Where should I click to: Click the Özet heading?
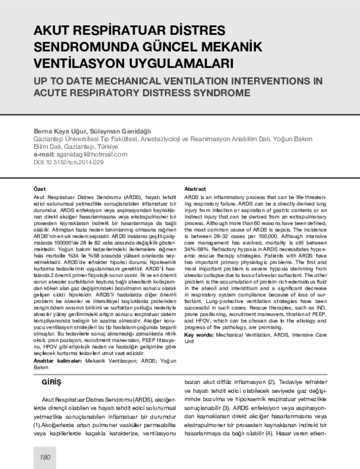point(40,188)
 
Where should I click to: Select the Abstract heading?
point(196,188)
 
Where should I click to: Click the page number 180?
point(44,457)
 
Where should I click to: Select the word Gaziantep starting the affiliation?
point(50,138)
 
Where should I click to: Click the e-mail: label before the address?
point(47,154)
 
